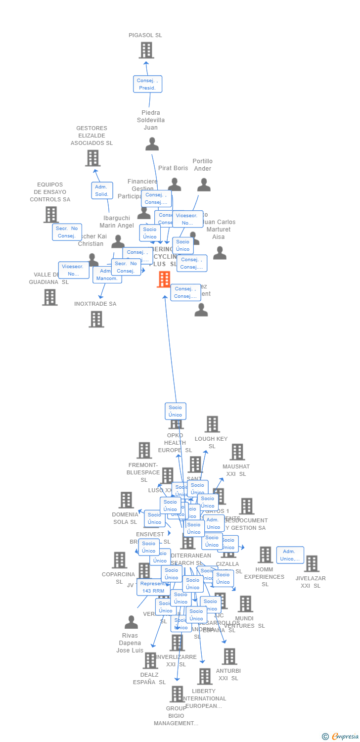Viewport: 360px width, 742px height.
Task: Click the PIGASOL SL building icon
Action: (146, 50)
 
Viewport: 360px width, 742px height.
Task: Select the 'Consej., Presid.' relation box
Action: (147, 84)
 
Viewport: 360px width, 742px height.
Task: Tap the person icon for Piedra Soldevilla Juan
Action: (152, 144)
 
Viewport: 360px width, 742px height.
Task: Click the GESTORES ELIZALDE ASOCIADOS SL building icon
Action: (92, 158)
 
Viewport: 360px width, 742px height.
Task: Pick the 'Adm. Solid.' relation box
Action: (102, 190)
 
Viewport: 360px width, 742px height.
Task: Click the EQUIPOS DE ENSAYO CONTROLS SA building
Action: (51, 215)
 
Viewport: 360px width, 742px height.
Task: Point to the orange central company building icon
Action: (164, 279)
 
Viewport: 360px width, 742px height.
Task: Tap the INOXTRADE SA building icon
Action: (96, 319)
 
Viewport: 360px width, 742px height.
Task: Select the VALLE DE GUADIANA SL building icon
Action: (49, 297)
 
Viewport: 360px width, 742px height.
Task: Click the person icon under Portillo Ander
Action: (204, 185)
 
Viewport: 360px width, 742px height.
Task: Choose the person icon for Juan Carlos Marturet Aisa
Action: (220, 253)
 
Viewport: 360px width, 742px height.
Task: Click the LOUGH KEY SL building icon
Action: (212, 424)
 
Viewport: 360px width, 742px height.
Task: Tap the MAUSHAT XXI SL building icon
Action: (237, 452)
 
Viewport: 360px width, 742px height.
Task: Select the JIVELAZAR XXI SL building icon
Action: (312, 564)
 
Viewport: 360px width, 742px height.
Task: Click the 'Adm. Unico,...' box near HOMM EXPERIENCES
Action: (290, 555)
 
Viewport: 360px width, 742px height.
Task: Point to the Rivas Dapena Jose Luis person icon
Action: (131, 622)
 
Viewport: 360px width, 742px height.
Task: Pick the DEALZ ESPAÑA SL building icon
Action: (150, 660)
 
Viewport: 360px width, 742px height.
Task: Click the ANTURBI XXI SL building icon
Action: (229, 656)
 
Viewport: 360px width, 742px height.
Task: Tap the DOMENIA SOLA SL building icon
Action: (126, 500)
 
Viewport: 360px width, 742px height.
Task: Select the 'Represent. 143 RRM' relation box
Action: (153, 587)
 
